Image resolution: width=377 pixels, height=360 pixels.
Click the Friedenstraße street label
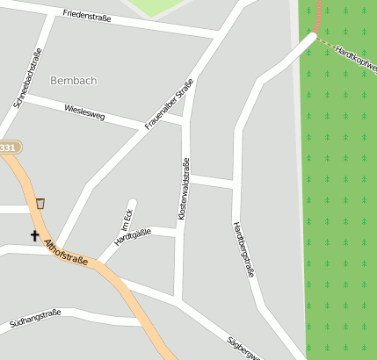pos(88,17)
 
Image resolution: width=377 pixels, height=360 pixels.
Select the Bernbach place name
pos(74,80)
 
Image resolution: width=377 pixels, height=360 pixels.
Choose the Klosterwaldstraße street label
pos(184,188)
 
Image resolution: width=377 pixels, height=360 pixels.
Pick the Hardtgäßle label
pos(133,237)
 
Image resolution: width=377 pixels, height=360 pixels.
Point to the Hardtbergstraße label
pos(243,249)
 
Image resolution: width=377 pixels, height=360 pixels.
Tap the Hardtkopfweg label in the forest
pos(355,58)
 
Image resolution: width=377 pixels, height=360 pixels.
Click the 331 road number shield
pos(7,148)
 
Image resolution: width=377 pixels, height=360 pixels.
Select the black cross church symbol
pos(35,235)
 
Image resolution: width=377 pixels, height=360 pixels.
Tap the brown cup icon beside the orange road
pos(40,204)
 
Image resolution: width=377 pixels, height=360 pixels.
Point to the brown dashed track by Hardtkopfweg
pos(326,40)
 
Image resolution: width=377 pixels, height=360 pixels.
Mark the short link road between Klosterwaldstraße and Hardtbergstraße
pos(211,181)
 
